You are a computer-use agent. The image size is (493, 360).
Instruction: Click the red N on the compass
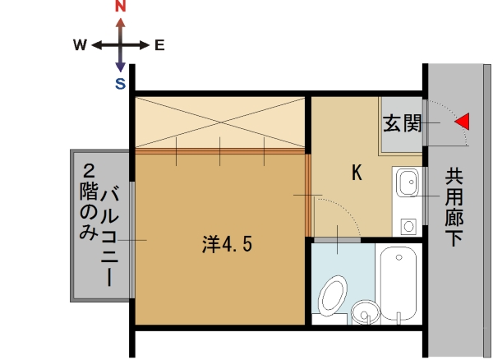[121, 7]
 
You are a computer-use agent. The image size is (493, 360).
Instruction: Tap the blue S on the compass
[120, 83]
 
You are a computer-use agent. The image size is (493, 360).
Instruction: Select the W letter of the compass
[80, 45]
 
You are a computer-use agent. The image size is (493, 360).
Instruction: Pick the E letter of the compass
[159, 45]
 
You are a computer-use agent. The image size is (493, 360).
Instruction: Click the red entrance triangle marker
[463, 122]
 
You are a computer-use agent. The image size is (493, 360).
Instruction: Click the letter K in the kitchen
[357, 173]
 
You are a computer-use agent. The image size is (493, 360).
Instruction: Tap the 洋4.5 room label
[227, 244]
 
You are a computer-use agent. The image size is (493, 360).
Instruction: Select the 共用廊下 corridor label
[454, 205]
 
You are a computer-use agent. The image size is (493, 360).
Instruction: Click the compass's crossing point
[121, 45]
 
